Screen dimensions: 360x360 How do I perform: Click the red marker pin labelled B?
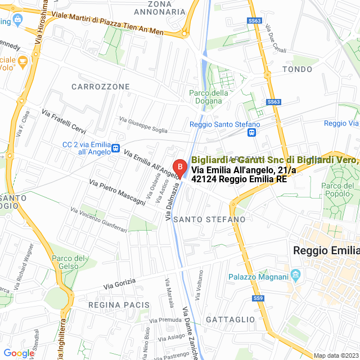[179, 167]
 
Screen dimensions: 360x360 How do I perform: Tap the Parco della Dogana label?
[209, 97]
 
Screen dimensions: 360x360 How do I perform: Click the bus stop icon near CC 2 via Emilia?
[115, 148]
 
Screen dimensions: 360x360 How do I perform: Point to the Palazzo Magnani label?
[258, 276]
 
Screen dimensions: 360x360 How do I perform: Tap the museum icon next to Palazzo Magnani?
[296, 276]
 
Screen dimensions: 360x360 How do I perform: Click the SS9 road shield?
[258, 298]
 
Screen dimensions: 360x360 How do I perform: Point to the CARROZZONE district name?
[101, 87]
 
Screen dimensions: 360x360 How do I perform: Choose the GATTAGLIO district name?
[231, 319]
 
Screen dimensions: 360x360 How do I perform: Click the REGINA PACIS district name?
[119, 304]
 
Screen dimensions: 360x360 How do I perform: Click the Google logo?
[19, 353]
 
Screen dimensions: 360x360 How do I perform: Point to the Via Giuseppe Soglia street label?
[143, 124]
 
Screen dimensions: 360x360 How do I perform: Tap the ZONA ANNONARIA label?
[159, 7]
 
